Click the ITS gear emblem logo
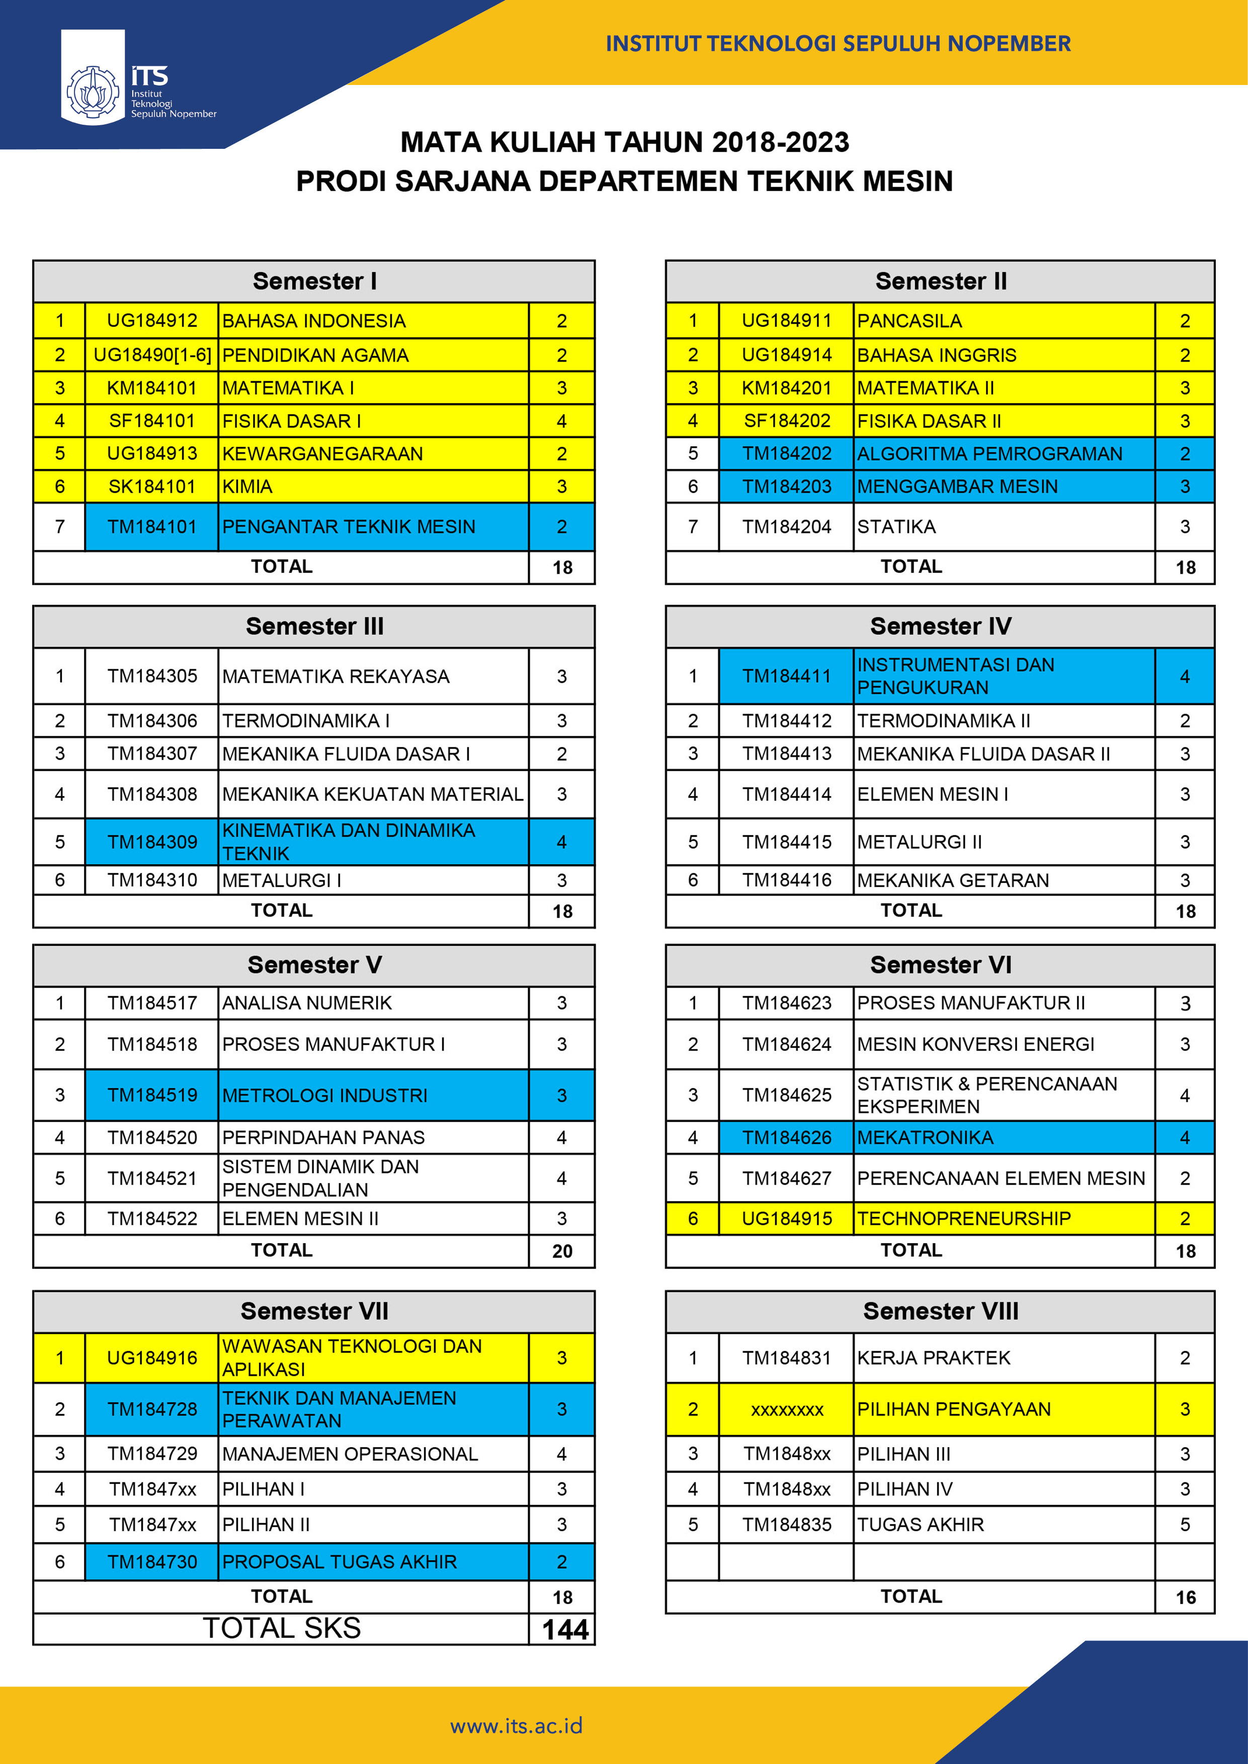pos(93,93)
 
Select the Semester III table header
pos(314,626)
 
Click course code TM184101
pos(152,527)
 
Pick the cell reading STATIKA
pos(896,527)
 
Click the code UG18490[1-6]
pos(152,355)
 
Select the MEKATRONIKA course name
pos(925,1137)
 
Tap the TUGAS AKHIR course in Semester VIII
pos(920,1524)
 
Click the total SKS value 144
pos(565,1630)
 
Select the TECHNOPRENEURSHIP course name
pos(964,1218)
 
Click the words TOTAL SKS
pos(282,1628)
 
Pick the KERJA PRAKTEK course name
pos(934,1358)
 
